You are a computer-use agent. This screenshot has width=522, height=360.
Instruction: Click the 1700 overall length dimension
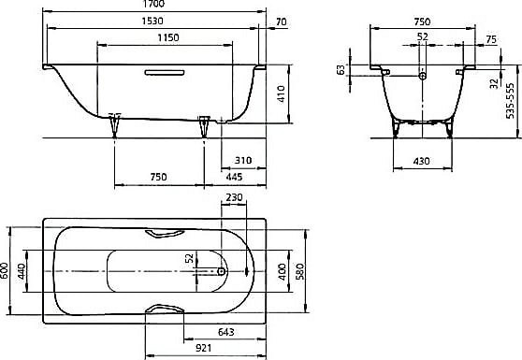coord(153,4)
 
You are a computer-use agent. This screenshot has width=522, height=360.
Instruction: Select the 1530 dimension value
coord(152,21)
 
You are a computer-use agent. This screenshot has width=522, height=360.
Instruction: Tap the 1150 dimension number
coord(168,37)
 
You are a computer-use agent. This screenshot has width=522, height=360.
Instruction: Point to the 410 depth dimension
coord(282,94)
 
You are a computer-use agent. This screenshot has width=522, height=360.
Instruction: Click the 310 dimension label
coord(243,161)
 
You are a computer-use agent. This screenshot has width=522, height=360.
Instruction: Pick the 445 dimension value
coord(234,177)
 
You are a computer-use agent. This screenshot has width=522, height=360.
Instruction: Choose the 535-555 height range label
coord(510,101)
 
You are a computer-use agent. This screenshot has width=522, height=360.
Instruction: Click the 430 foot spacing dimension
coord(421,162)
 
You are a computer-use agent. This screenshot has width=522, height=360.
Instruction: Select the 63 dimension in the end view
coord(341,70)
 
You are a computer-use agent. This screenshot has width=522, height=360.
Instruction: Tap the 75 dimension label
coord(491,39)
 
